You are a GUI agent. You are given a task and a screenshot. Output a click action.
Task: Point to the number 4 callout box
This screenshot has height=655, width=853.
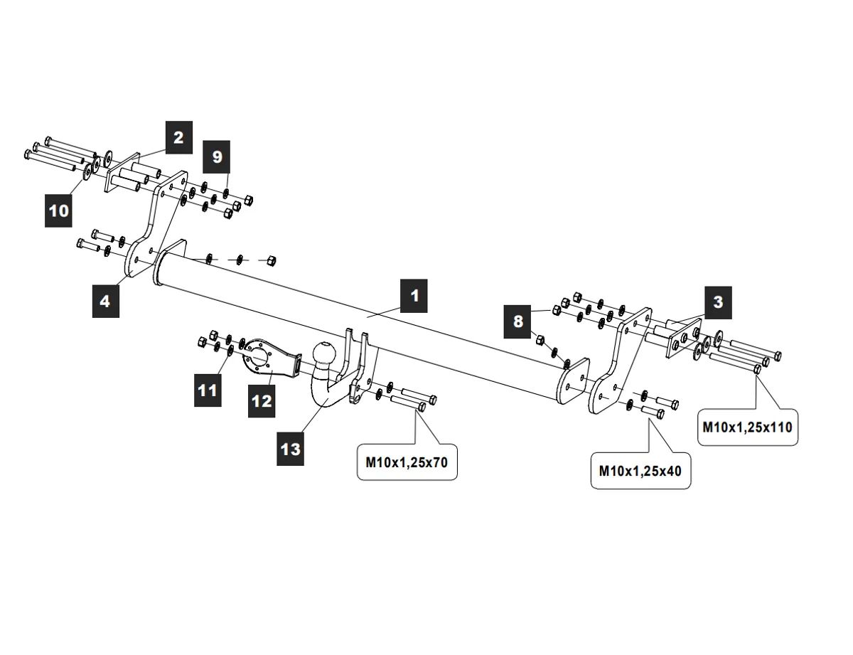click(x=105, y=302)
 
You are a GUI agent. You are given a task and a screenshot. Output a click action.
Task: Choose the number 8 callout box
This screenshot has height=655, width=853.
click(x=518, y=321)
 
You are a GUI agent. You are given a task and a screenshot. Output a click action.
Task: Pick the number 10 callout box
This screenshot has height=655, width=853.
click(x=59, y=211)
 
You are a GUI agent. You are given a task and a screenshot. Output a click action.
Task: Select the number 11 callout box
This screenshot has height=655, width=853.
click(x=208, y=390)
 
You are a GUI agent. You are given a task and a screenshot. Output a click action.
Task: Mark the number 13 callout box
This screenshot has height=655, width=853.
click(x=291, y=449)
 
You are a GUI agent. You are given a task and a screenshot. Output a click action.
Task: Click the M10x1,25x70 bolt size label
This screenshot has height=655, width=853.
click(x=407, y=462)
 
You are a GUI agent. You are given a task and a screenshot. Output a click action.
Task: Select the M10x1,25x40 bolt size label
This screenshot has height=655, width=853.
click(x=640, y=471)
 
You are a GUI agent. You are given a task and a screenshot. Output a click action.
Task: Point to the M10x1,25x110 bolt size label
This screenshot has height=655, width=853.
click(x=747, y=427)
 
